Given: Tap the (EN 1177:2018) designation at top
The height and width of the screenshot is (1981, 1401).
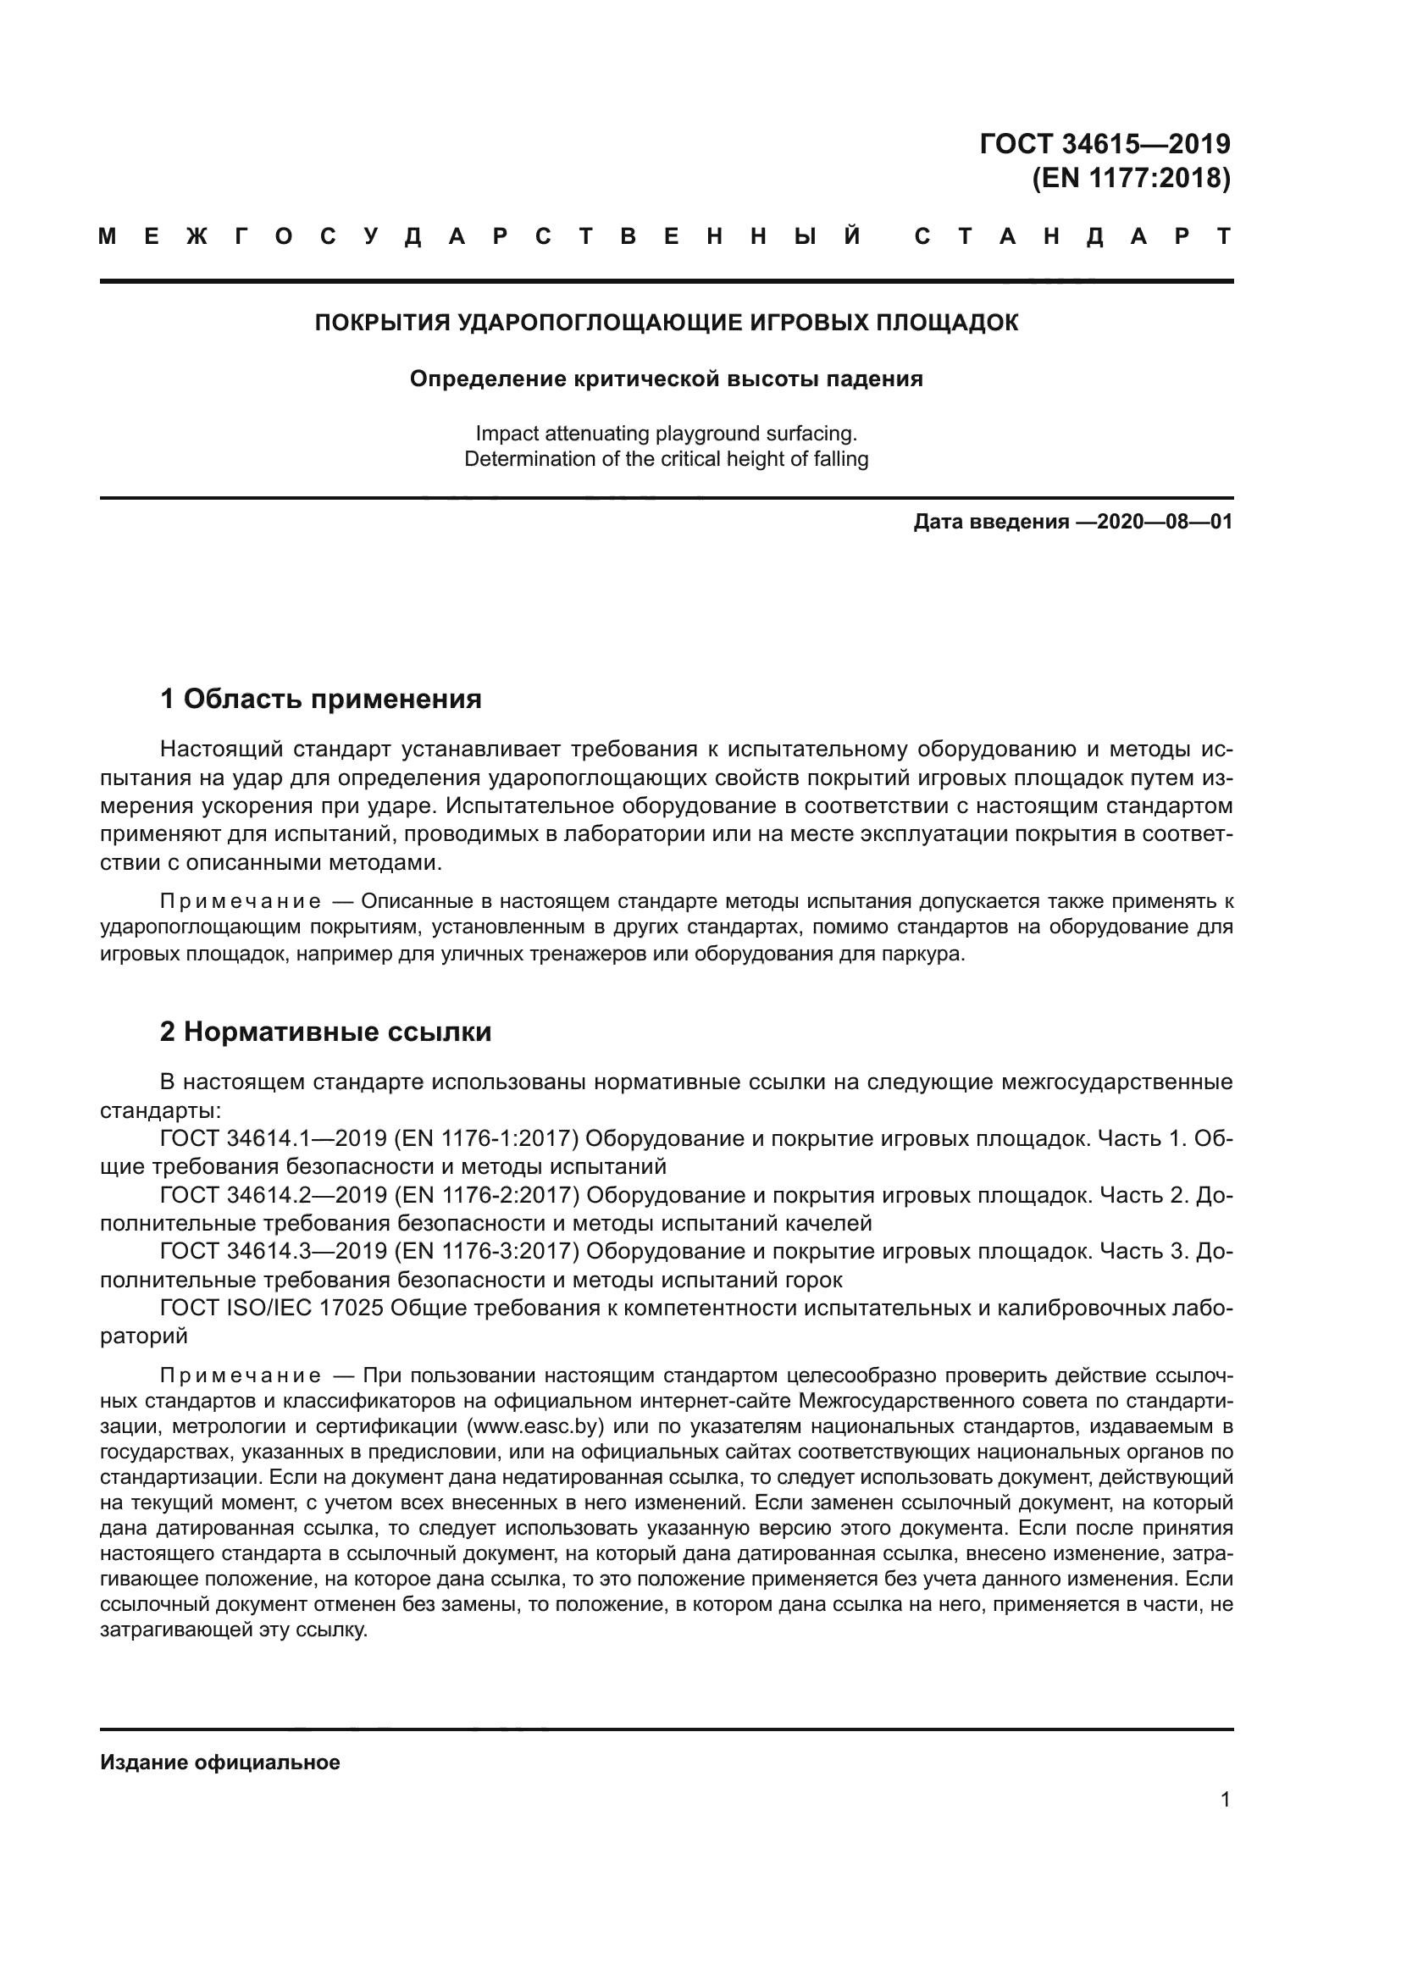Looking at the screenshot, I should tap(1131, 179).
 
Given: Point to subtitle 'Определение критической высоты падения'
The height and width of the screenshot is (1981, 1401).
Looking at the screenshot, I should tap(666, 379).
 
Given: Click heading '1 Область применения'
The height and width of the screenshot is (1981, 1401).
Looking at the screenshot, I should tap(321, 699).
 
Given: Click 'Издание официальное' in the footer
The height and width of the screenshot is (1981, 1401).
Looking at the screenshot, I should tap(220, 1762).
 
